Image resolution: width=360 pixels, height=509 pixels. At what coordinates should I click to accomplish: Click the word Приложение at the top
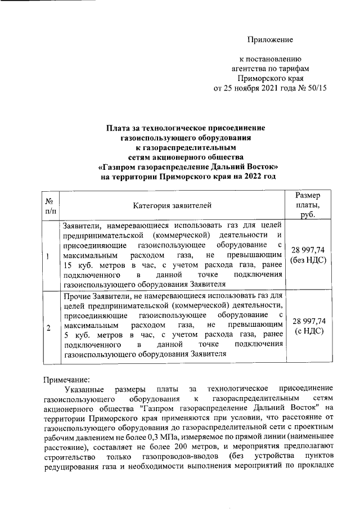(x=272, y=39)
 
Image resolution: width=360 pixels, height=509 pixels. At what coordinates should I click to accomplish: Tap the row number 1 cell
(x=49, y=257)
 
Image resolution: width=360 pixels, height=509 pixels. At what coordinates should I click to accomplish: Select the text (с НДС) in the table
(x=308, y=331)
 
